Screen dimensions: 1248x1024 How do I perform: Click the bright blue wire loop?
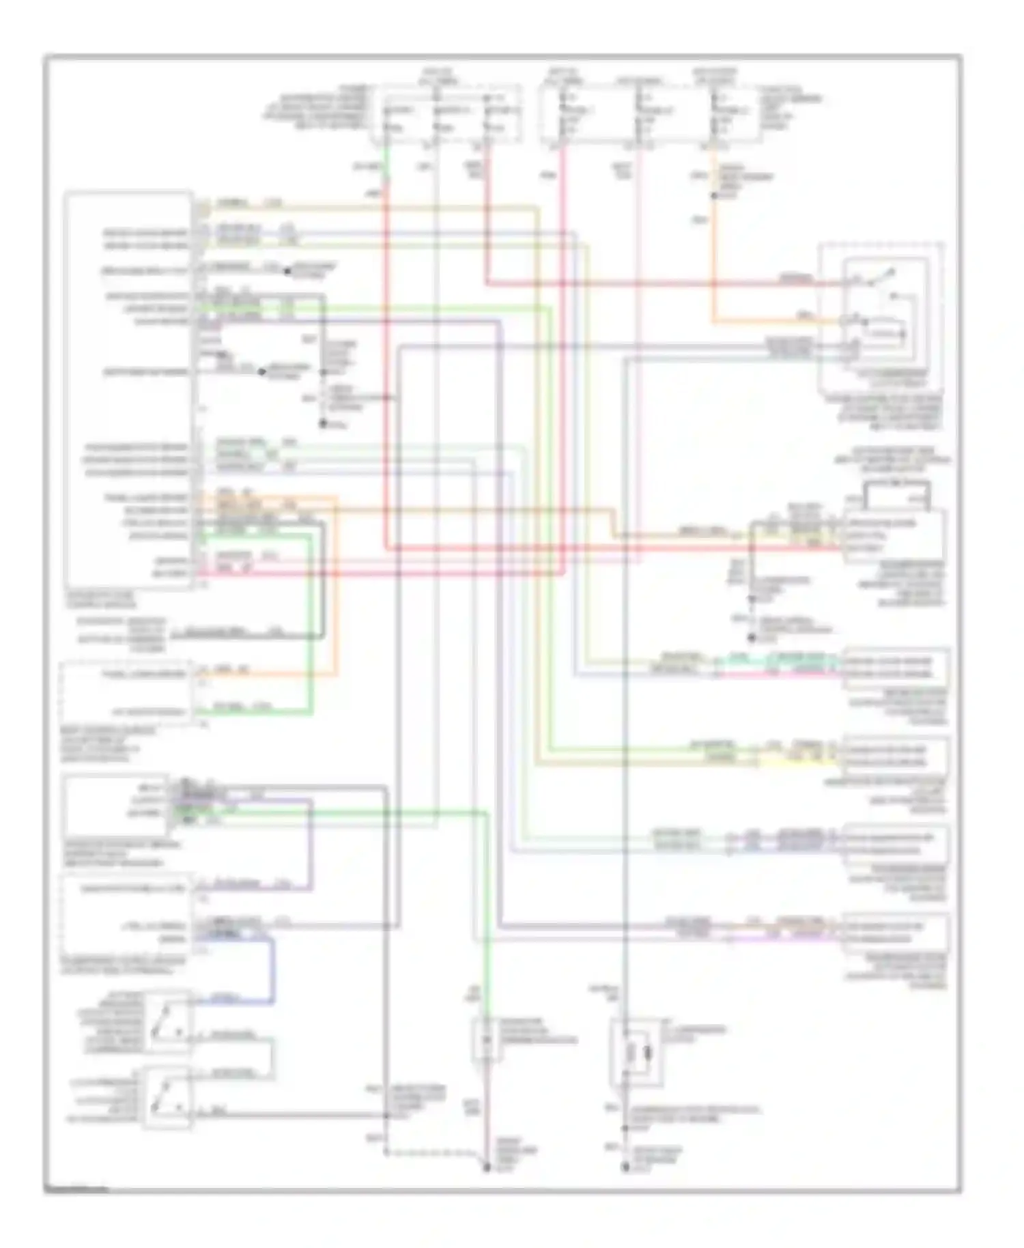tap(273, 969)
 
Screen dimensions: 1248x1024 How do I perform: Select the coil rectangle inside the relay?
tap(885, 334)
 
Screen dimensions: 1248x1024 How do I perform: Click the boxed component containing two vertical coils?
tap(636, 1052)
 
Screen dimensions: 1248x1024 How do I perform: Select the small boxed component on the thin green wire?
tap(486, 1040)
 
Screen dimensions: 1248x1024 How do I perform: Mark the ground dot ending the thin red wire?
tap(487, 1168)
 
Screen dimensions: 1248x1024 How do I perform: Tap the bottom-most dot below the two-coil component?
tap(625, 1168)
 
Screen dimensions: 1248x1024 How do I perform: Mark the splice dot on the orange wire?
tap(713, 196)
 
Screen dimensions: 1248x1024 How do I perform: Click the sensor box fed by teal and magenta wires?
tap(896, 668)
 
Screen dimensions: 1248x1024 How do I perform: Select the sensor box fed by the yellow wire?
tap(896, 756)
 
